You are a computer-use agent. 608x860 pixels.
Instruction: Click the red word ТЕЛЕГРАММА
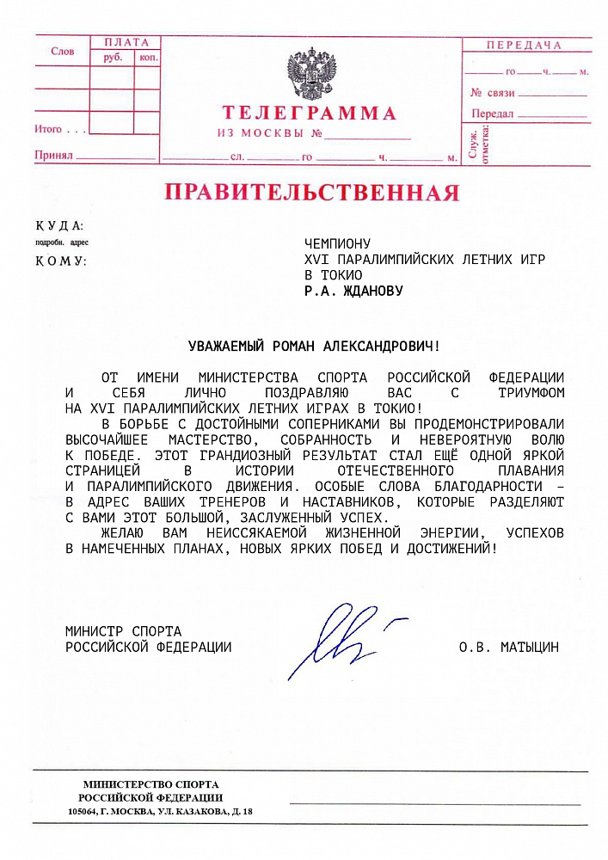[310, 114]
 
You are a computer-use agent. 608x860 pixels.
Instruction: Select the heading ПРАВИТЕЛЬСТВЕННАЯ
[311, 192]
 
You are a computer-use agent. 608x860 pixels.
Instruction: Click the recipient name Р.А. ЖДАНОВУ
[353, 291]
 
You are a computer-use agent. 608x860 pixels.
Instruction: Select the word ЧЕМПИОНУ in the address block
[337, 244]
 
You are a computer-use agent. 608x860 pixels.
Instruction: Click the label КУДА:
[59, 225]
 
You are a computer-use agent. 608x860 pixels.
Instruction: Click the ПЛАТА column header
[126, 42]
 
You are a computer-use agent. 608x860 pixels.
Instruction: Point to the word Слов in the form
[63, 52]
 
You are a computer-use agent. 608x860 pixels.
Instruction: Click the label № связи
[492, 92]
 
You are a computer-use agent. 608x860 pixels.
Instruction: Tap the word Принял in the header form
[52, 156]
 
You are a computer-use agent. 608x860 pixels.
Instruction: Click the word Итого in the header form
[48, 129]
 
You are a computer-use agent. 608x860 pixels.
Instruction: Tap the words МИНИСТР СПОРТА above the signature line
[123, 631]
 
